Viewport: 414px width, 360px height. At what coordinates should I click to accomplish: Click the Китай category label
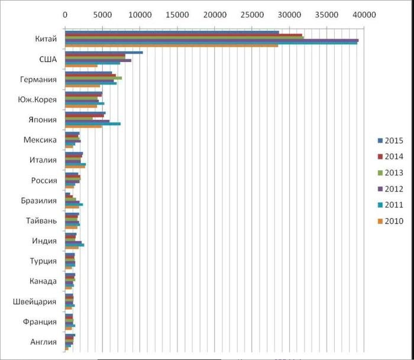point(46,39)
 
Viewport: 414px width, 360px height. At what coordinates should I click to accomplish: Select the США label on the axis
point(47,59)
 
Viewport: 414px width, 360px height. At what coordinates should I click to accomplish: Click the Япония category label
point(43,120)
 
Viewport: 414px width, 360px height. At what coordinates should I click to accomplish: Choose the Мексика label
point(40,140)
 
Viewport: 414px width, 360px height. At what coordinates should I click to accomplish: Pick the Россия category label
point(44,180)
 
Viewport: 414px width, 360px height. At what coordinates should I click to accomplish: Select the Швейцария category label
point(35,301)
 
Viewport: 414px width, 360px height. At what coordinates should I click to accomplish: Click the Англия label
point(43,342)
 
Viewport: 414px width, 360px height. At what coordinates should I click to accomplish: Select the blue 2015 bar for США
point(103,53)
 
